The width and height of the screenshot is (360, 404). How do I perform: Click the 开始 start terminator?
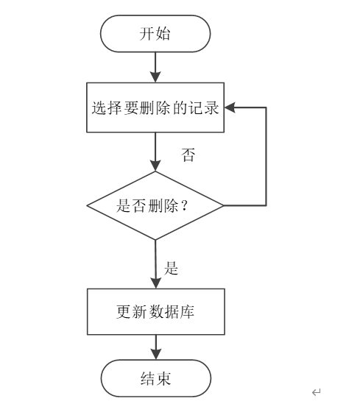coord(155,34)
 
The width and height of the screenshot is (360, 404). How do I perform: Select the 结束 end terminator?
coord(156,378)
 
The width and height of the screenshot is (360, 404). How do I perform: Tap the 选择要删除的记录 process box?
coord(155,107)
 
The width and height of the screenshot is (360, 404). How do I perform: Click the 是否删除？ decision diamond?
coord(155,205)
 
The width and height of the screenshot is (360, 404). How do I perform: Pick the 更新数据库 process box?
coord(156,312)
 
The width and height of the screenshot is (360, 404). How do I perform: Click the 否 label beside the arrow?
coord(188,155)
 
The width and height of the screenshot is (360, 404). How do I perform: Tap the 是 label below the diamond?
coord(171,268)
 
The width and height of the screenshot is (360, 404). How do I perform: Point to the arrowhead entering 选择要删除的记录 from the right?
coord(230,107)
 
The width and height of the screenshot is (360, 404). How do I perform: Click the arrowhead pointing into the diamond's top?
coord(155,166)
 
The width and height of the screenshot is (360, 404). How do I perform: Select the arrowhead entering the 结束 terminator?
coord(156,354)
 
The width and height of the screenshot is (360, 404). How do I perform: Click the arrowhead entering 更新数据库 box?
coord(155,283)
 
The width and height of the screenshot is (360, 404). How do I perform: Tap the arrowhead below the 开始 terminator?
coord(155,77)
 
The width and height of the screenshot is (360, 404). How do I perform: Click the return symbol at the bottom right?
coord(316,392)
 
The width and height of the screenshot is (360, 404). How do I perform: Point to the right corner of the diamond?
coord(223,205)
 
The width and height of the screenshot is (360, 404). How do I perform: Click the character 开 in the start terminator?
coord(147,34)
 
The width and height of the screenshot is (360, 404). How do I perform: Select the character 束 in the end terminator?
coord(163,378)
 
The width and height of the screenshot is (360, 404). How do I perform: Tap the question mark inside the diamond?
coord(184,206)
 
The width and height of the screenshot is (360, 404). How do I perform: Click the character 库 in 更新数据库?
coord(187,312)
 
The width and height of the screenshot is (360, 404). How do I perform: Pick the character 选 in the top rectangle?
coord(99,107)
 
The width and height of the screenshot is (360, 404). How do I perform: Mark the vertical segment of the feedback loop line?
coord(266,157)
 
